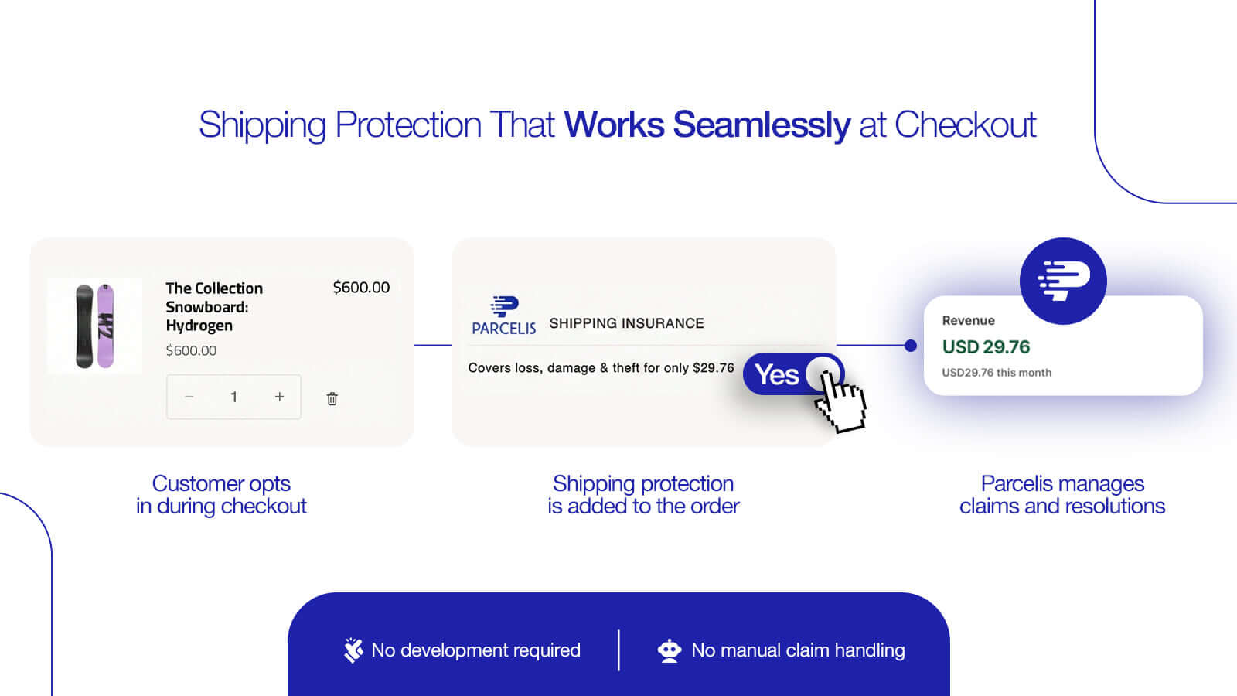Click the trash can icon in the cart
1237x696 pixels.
click(x=332, y=398)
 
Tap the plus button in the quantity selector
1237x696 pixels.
click(x=279, y=397)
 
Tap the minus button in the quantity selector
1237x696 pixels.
click(x=189, y=397)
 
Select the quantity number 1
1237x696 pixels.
click(x=234, y=397)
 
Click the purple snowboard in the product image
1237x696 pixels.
click(x=106, y=326)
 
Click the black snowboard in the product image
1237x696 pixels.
click(x=84, y=326)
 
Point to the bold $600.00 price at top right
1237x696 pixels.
click(x=361, y=287)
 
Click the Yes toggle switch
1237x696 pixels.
click(x=793, y=374)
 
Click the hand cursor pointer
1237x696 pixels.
click(x=840, y=401)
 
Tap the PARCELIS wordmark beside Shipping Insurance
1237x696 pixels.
click(x=503, y=328)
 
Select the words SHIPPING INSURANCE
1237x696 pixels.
click(x=627, y=323)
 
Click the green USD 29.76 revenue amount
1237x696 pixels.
click(x=986, y=347)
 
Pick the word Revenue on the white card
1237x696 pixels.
click(x=969, y=320)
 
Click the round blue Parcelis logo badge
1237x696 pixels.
click(x=1063, y=281)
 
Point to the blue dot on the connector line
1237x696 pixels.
click(x=911, y=346)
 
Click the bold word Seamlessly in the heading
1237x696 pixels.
click(x=762, y=125)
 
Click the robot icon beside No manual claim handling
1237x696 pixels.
click(x=670, y=650)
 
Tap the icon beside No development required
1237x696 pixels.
click(x=353, y=650)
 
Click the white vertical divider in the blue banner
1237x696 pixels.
click(x=618, y=650)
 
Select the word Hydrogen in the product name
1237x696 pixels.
click(x=199, y=326)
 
